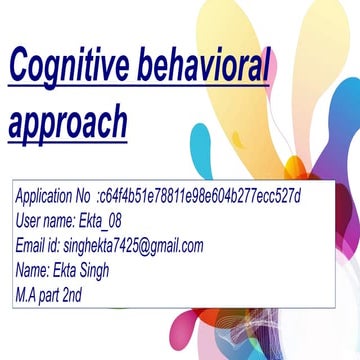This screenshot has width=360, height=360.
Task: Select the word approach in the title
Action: coord(69,122)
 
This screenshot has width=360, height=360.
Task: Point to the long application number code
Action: coord(200,195)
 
